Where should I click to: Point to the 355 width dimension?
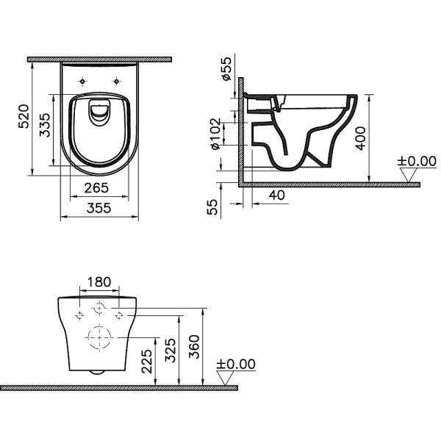(x=99, y=209)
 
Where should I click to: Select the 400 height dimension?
(x=360, y=136)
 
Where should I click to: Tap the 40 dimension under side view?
(x=277, y=196)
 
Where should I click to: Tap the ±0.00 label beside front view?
(x=236, y=364)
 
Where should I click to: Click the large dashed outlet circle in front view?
(x=98, y=339)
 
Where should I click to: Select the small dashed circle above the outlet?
(x=98, y=309)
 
